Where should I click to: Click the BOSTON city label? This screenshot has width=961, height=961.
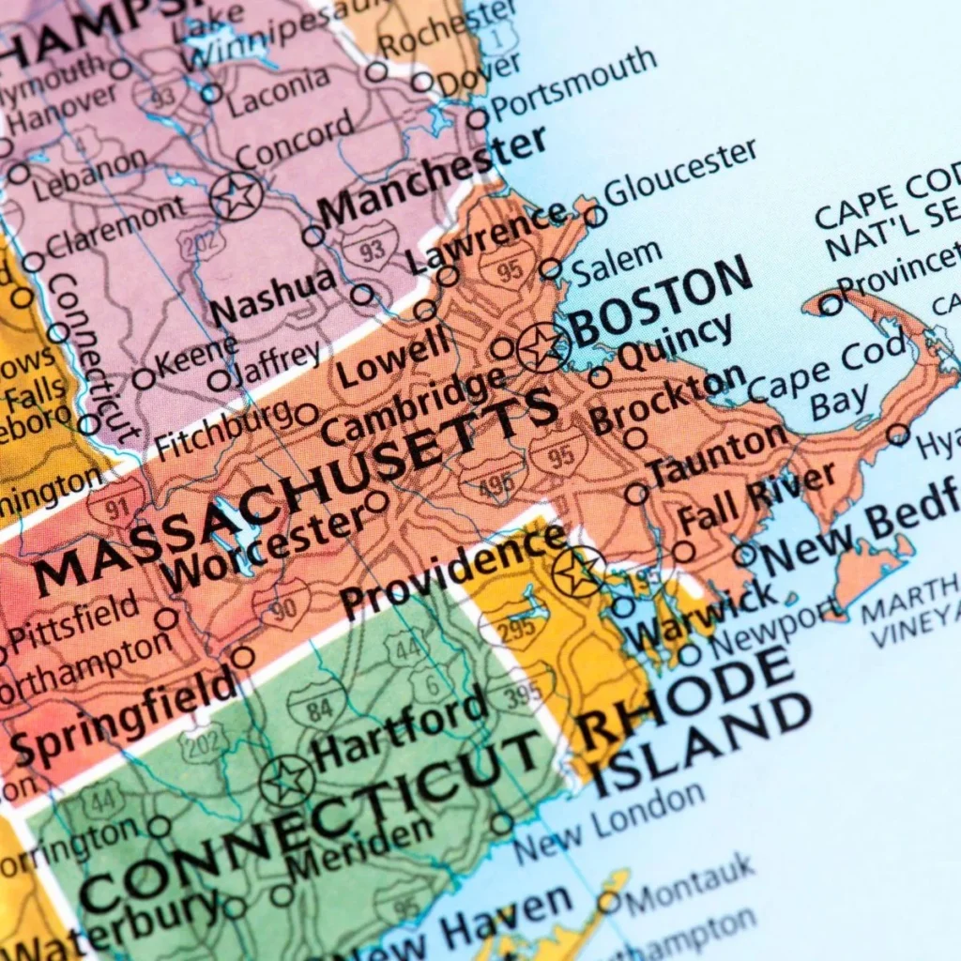pyautogui.click(x=662, y=300)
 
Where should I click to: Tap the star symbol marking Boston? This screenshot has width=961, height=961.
pyautogui.click(x=543, y=347)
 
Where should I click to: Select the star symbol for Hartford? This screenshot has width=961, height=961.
pyautogui.click(x=287, y=780)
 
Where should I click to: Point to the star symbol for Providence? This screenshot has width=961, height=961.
pyautogui.click(x=577, y=571)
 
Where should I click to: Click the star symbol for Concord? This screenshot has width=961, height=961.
pyautogui.click(x=236, y=196)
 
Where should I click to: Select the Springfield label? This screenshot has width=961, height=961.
pyautogui.click(x=122, y=715)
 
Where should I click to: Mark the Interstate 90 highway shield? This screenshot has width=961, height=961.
pyautogui.click(x=282, y=604)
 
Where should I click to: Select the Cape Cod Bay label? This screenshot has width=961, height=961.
pyautogui.click(x=826, y=380)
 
